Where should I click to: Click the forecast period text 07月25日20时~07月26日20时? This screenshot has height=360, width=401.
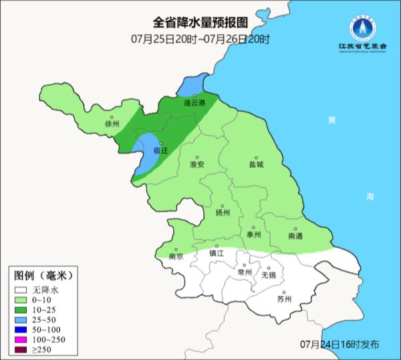200,40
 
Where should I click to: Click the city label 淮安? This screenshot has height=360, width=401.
197,164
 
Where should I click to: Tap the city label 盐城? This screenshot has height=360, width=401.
256,164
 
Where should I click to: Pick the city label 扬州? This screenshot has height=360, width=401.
223,213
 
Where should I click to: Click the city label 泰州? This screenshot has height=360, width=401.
253,234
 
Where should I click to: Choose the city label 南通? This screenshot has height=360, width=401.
295,236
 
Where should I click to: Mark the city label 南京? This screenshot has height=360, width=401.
176,256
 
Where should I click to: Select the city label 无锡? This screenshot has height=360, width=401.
268,275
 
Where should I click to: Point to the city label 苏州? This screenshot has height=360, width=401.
284,299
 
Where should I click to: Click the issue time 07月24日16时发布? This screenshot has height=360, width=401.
340,344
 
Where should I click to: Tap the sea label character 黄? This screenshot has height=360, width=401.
331,120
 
